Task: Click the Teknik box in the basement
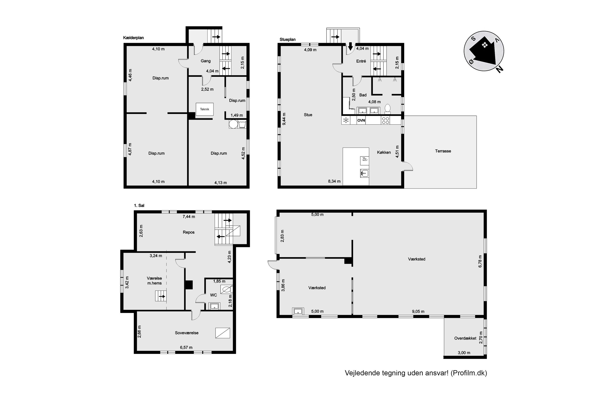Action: click(x=204, y=109)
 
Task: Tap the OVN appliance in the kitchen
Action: click(x=361, y=120)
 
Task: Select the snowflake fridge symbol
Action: click(x=346, y=120)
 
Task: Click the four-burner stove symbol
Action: click(x=385, y=120)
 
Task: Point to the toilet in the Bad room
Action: click(x=387, y=109)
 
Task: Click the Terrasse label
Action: click(x=443, y=151)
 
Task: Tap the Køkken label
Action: click(x=384, y=152)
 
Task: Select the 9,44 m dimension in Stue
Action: click(x=284, y=119)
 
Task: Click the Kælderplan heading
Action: click(x=133, y=38)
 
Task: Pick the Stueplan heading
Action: click(x=287, y=39)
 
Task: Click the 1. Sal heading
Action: click(x=139, y=206)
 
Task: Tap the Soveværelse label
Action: click(x=187, y=333)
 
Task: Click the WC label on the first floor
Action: click(x=214, y=295)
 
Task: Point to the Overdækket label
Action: click(x=465, y=338)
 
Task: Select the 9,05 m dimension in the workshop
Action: click(x=418, y=311)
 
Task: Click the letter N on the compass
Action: click(x=499, y=69)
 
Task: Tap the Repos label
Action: click(x=189, y=232)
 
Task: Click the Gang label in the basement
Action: click(x=206, y=61)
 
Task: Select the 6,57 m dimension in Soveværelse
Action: click(x=186, y=348)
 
